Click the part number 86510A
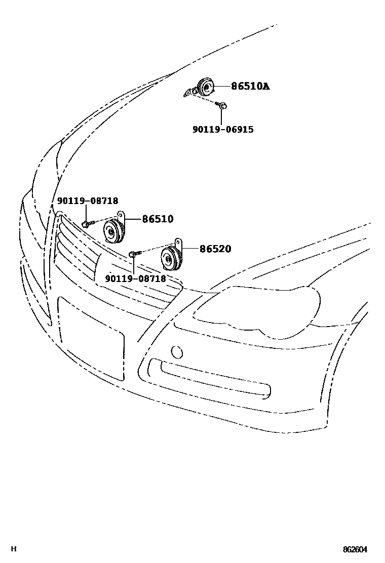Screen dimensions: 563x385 pos(250,87)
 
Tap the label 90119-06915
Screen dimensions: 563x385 pos(223,130)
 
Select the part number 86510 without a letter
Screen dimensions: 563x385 pos(158,219)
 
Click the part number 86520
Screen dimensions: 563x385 pos(215,249)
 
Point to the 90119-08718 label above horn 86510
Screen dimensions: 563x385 pos(87,201)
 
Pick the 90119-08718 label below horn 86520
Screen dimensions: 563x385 pos(135,279)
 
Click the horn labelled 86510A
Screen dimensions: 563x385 pos(206,88)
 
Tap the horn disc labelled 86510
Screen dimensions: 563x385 pos(111,231)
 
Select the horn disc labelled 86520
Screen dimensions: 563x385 pos(169,259)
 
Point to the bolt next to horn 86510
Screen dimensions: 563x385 pos(86,223)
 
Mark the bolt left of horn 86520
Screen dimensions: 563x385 pos(133,253)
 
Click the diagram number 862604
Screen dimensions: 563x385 pos(355,549)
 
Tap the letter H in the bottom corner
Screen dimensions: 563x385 pos(15,549)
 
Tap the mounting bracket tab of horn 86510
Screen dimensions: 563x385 pos(121,215)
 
